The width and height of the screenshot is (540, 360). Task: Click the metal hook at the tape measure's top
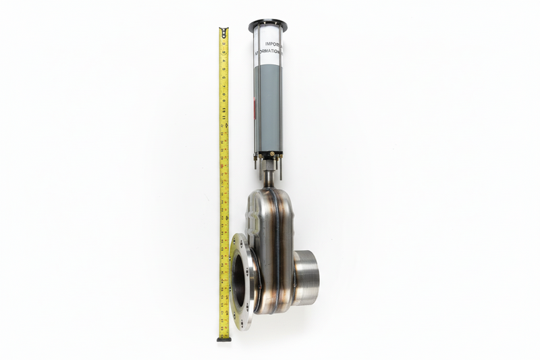pyautogui.click(x=223, y=30)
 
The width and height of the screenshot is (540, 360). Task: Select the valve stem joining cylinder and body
pyautogui.click(x=269, y=177)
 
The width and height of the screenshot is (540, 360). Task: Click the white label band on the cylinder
pyautogui.click(x=269, y=47)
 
